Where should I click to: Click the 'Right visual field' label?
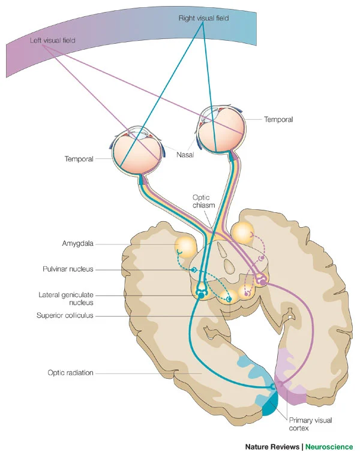click(204, 19)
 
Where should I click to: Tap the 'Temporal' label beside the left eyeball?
click(79, 159)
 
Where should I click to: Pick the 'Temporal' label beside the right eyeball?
click(278, 120)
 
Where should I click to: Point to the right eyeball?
click(222, 127)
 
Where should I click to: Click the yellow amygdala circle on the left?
click(185, 246)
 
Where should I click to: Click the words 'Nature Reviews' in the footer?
click(272, 447)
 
